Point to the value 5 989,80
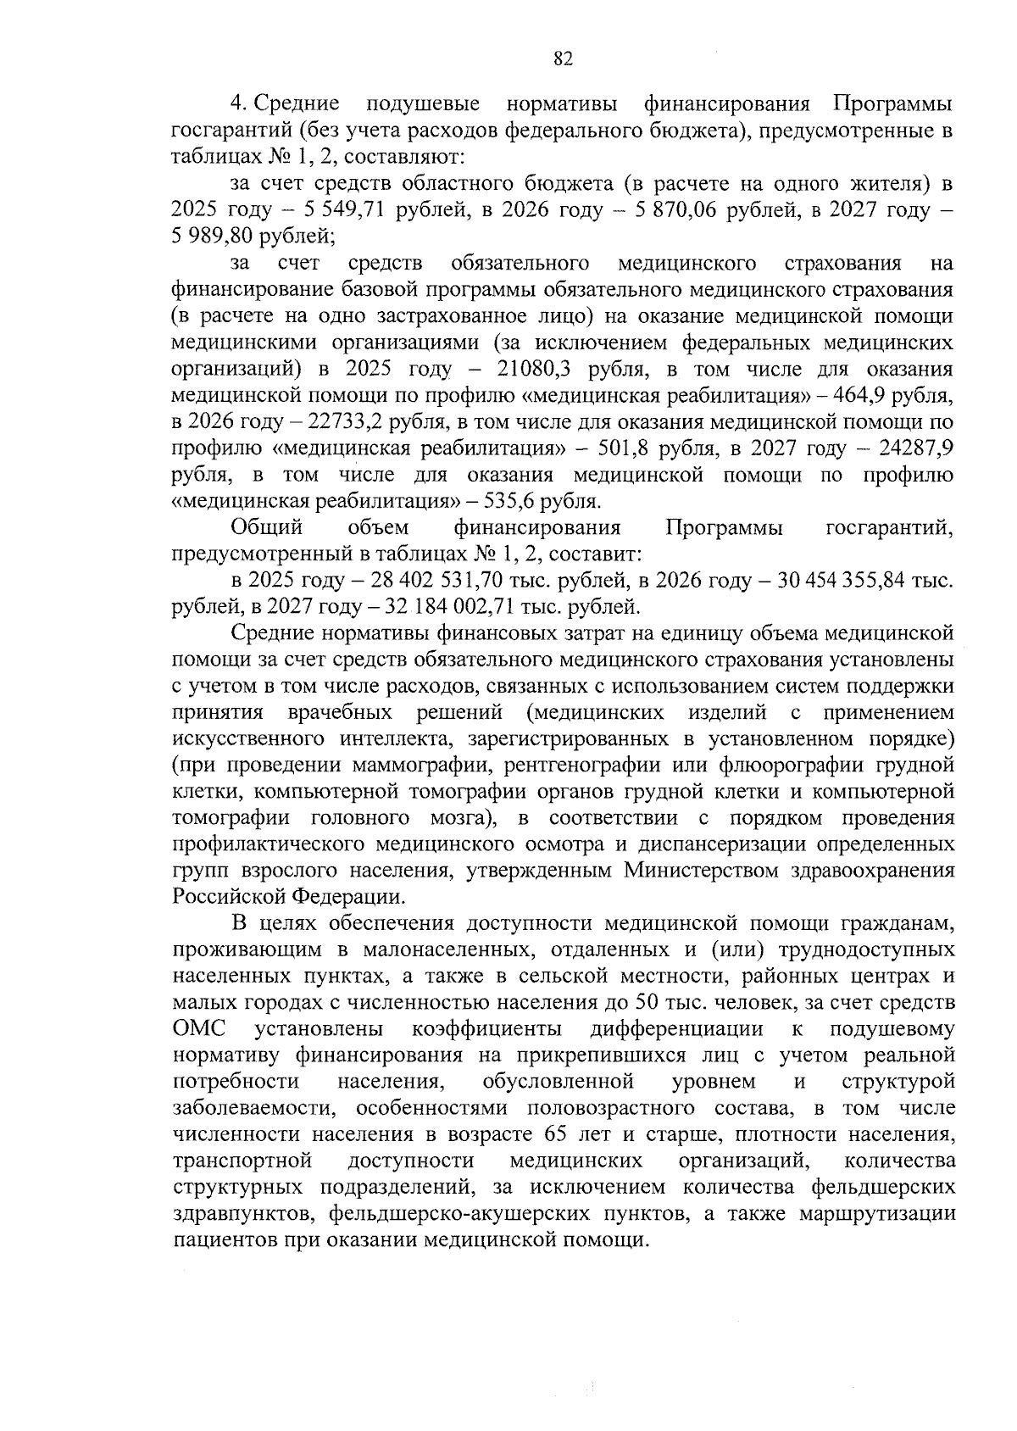212,237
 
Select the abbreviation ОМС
199,1029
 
